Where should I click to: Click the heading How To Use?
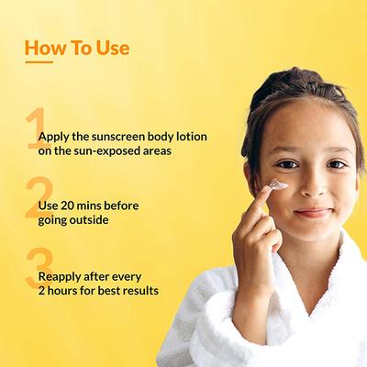point(76,47)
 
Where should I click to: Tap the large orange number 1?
point(34,128)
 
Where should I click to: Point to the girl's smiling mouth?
point(312,212)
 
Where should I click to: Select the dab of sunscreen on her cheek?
point(279,186)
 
